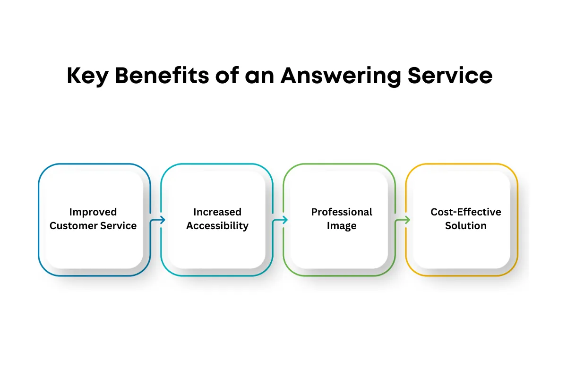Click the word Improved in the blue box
pos(93,212)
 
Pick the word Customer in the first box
pos(72,226)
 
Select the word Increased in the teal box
pos(217,212)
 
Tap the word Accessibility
pos(217,226)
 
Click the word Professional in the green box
pos(342,212)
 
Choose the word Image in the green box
pos(342,226)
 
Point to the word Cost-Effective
pos(466,212)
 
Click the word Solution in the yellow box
pos(466,226)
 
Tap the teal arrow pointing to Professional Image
pos(280,220)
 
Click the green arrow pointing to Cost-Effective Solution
pos(403,220)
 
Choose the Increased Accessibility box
pos(217,246)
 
